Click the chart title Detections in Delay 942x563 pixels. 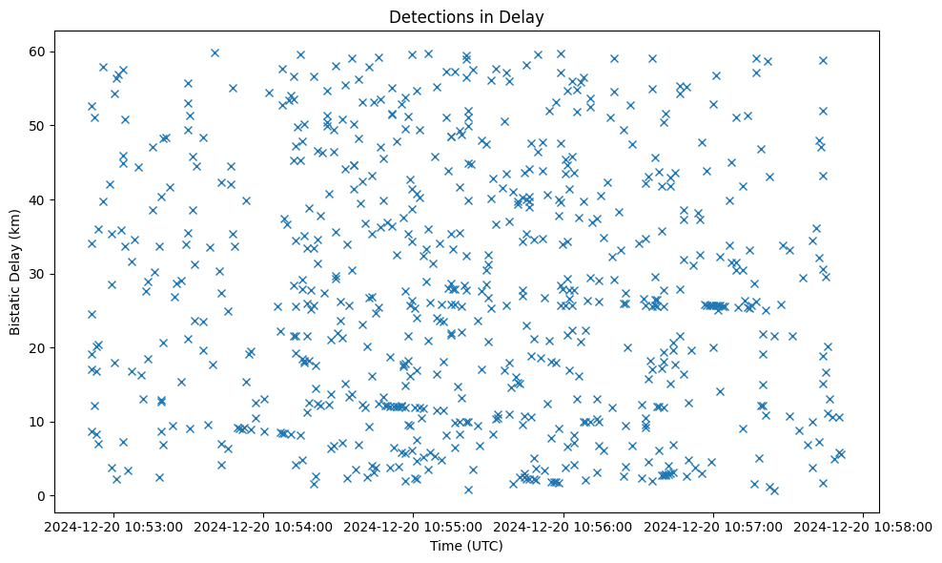(466, 16)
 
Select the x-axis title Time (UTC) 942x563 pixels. (466, 546)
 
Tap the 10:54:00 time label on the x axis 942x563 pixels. (263, 526)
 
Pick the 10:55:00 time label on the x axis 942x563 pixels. (413, 526)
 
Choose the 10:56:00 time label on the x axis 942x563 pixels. (563, 526)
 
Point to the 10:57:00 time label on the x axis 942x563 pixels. (713, 526)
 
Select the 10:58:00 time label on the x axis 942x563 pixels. (864, 526)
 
